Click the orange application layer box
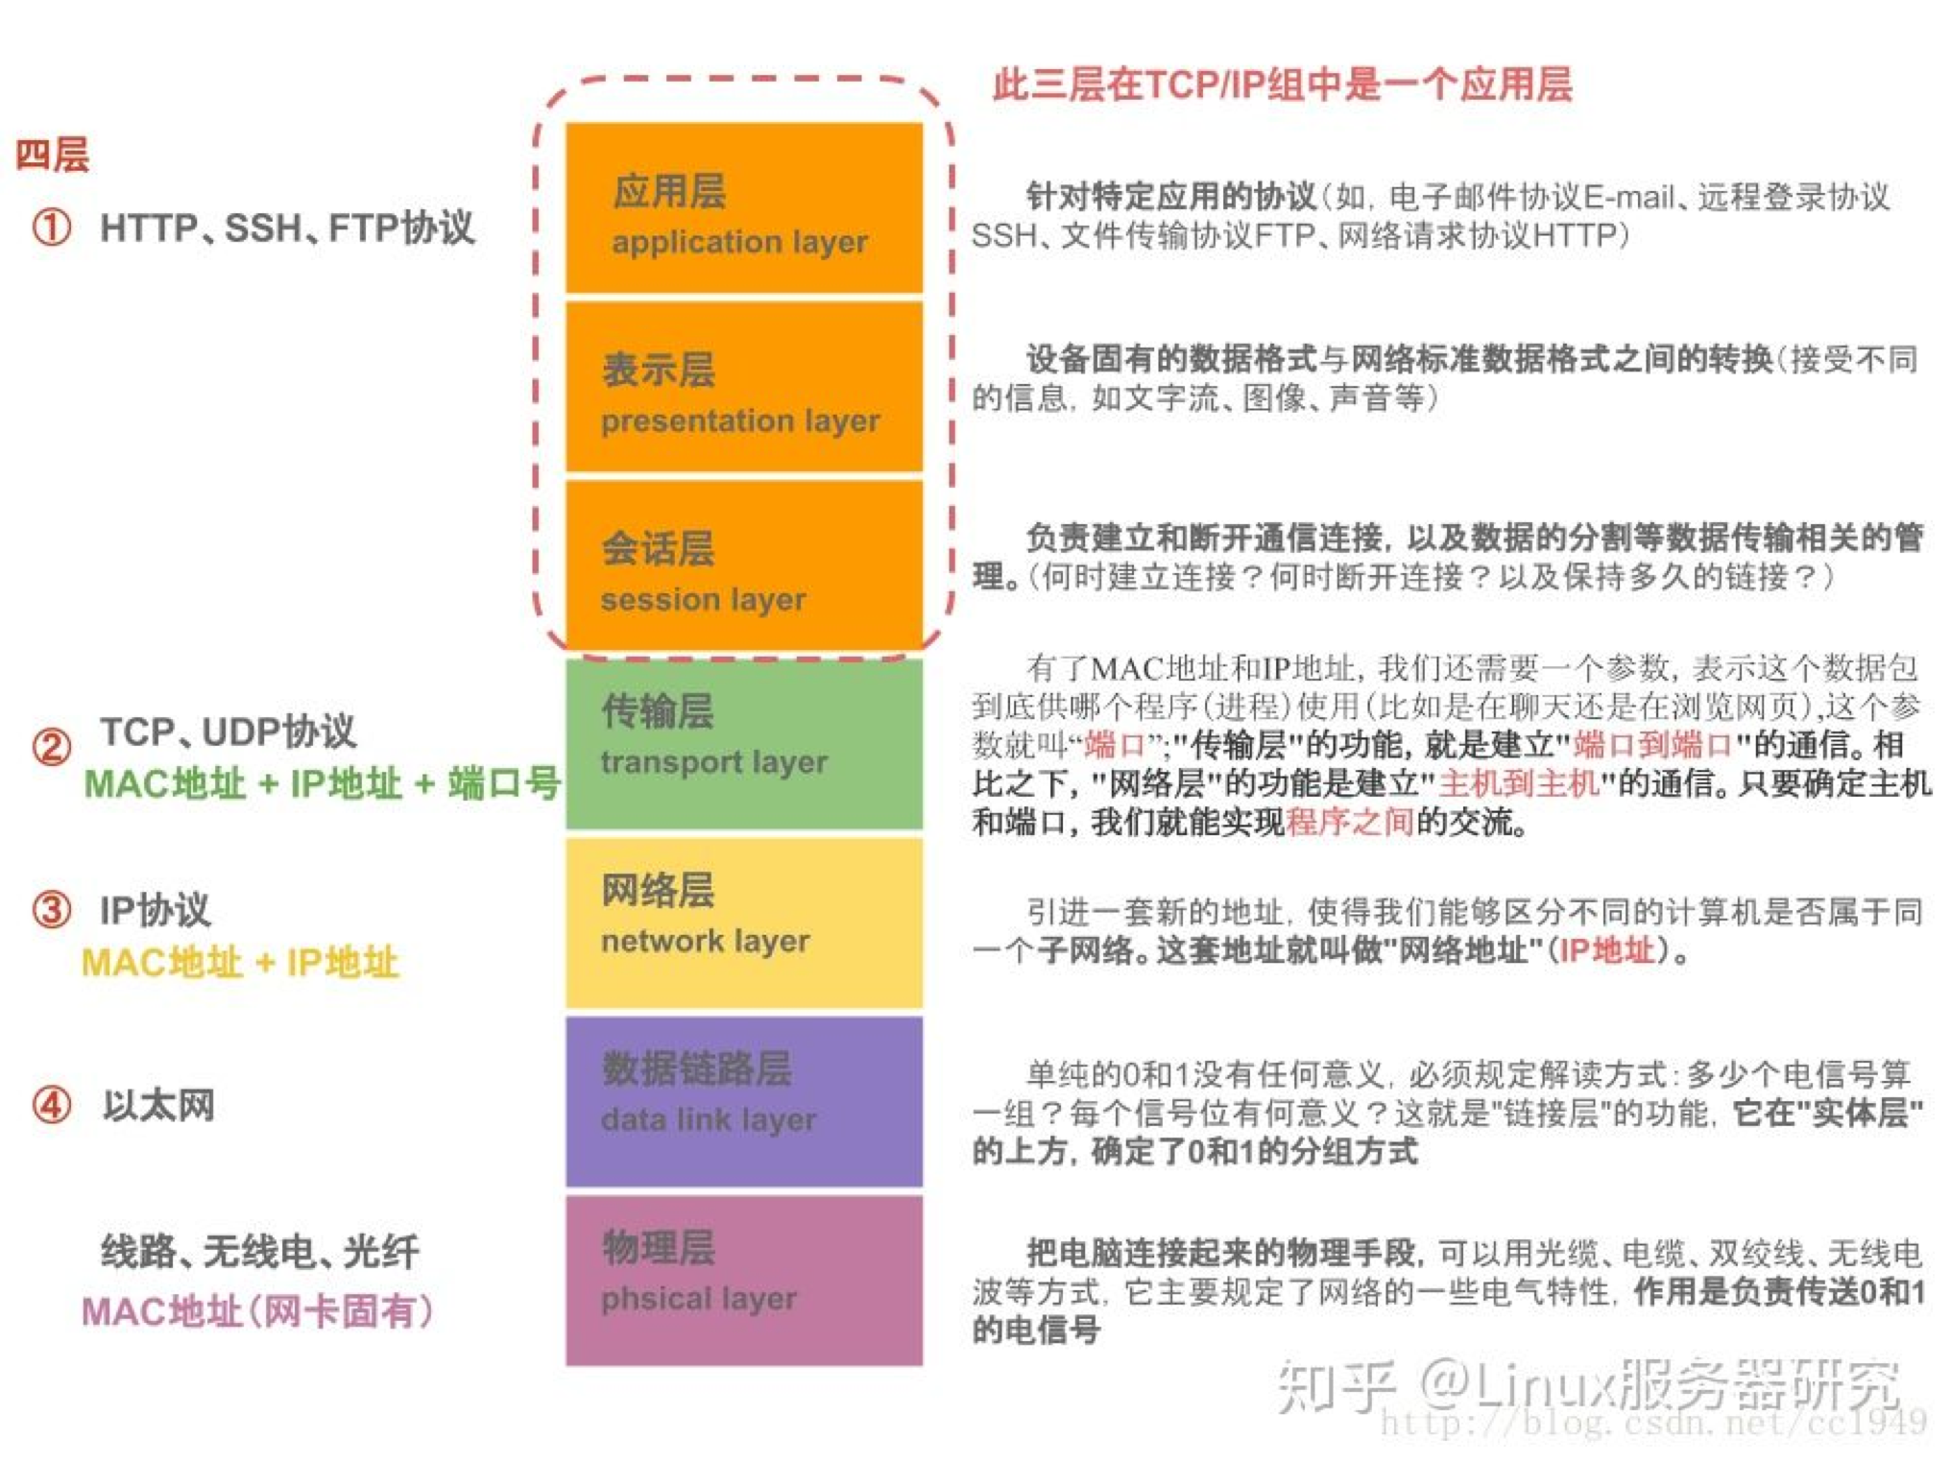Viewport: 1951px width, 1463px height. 743,208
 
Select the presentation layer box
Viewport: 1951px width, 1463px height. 743,388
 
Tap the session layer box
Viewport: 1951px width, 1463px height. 743,566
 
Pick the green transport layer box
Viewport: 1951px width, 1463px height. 743,743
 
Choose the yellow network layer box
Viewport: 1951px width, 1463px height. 743,922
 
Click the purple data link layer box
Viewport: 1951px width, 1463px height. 743,1101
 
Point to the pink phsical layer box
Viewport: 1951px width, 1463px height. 743,1280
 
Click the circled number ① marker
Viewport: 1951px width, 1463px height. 52,228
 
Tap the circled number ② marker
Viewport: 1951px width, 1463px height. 52,747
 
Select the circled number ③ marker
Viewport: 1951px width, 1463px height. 52,910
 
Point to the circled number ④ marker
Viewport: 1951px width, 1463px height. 52,1105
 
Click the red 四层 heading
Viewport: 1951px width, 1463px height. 53,155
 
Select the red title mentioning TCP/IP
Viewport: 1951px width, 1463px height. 1282,84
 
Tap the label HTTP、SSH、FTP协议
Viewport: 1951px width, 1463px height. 287,228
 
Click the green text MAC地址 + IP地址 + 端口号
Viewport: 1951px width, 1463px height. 322,783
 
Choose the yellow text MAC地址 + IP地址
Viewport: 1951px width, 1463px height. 240,962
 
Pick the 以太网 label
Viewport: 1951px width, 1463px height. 158,1105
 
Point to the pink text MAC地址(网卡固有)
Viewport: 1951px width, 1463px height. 257,1310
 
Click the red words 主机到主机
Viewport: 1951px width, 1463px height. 1518,783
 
